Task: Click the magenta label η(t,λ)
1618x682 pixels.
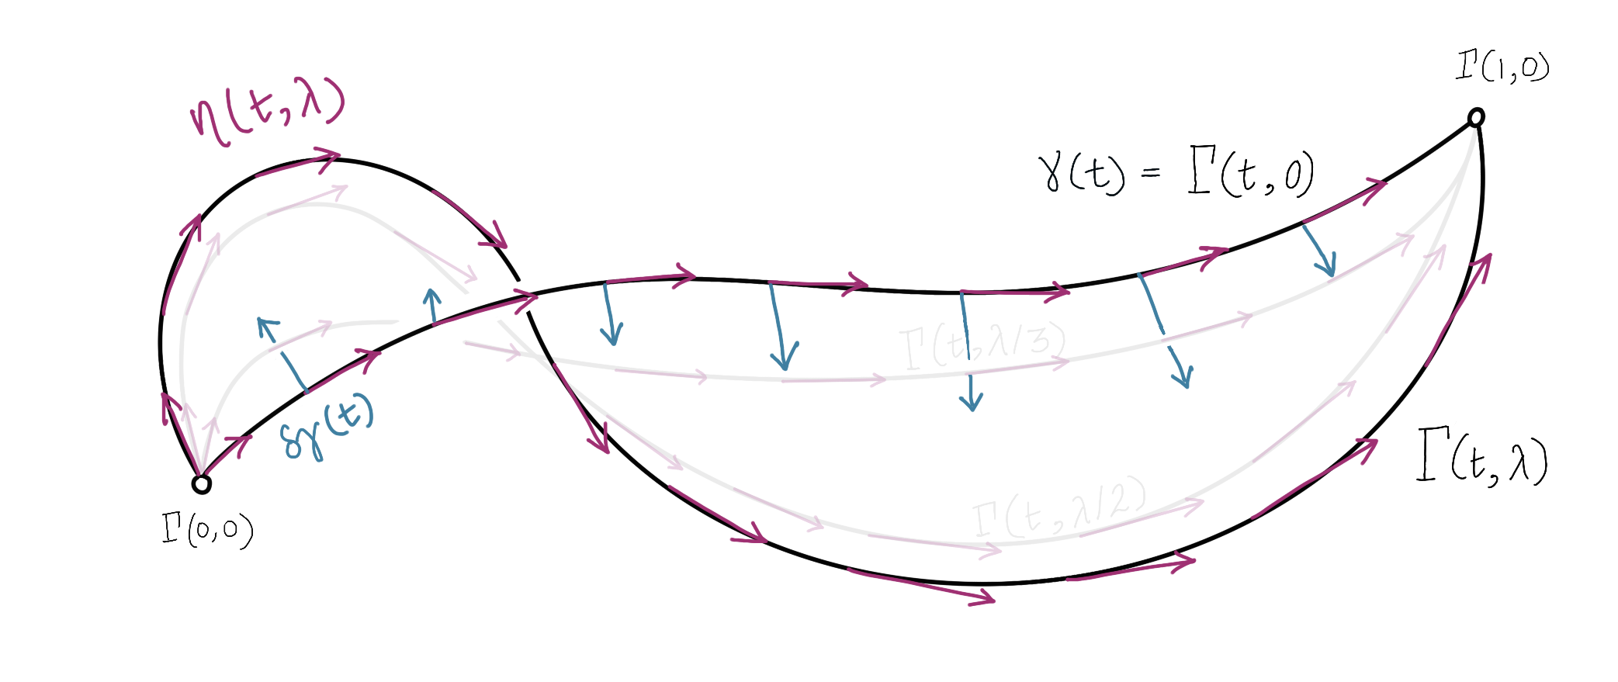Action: [266, 114]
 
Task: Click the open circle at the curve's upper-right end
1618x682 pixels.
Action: [1475, 118]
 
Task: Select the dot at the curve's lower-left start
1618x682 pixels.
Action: [202, 486]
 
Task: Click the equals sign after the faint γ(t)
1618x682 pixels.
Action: [1151, 172]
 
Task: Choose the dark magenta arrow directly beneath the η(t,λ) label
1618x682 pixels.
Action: [298, 164]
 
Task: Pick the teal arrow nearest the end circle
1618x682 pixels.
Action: [1318, 251]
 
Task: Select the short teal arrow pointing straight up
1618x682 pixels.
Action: [433, 306]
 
